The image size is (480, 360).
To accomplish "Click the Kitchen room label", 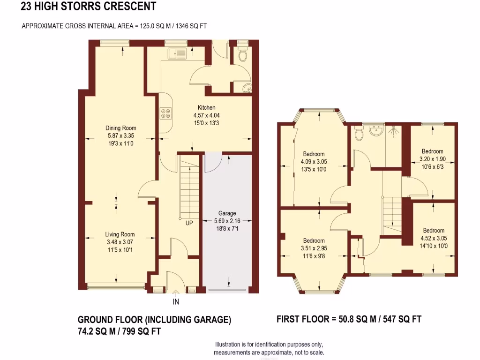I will point(206,108).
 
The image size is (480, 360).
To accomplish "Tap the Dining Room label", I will point(121,128).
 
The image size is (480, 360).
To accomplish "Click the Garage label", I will point(227,213).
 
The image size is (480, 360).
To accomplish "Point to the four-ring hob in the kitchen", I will point(166,113).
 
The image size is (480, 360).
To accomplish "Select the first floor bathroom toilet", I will point(359,134).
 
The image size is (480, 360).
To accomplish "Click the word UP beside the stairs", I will point(189,223).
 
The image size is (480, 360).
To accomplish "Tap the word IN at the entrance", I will point(176,302).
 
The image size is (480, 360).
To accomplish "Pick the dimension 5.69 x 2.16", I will point(227,221).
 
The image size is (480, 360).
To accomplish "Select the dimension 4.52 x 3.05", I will point(434,238).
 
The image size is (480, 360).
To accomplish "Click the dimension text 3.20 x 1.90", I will point(432,159).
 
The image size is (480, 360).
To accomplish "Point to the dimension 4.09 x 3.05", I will point(314,162).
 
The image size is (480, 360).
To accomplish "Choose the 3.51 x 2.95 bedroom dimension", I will point(314,248).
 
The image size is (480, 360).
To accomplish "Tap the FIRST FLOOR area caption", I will point(349,319).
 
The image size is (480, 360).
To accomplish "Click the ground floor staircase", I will point(189,187).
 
